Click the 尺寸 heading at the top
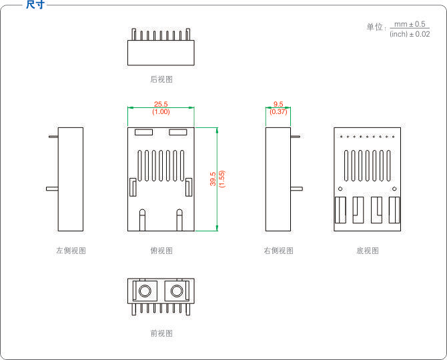tap(35, 5)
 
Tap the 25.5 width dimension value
tap(161, 104)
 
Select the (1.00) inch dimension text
tap(161, 111)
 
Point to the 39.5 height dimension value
tap(213, 179)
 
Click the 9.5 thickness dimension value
tap(278, 104)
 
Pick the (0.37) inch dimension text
tap(278, 111)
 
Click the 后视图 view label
tap(161, 79)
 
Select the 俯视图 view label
tap(161, 251)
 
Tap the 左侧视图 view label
tap(71, 251)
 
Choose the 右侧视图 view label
tap(278, 251)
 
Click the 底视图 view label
tap(368, 251)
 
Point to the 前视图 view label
tap(161, 333)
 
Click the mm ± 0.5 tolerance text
tap(410, 24)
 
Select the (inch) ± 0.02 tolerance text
tap(410, 34)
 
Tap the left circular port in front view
tap(145, 291)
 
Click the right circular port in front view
tap(177, 291)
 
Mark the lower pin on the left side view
tap(52, 189)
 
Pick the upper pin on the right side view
tap(295, 137)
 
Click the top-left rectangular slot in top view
tap(143, 132)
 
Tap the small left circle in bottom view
tap(340, 189)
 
